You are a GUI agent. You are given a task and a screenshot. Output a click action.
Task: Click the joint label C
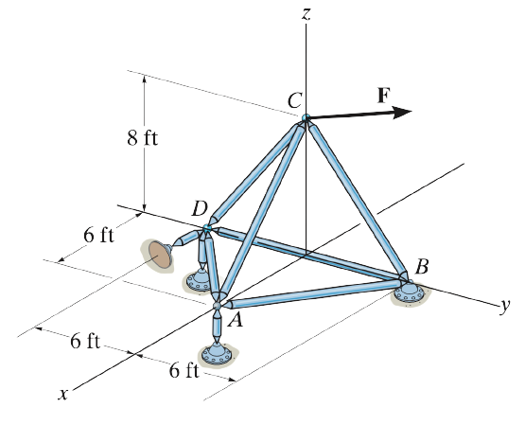(x=295, y=100)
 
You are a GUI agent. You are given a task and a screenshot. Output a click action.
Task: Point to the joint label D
(x=201, y=209)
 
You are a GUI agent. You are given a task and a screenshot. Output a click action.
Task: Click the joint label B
(x=422, y=267)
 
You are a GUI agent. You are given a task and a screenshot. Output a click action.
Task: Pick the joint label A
(x=235, y=320)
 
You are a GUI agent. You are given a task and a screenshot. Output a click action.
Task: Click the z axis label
(x=306, y=14)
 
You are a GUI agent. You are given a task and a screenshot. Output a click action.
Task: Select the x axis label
(x=62, y=394)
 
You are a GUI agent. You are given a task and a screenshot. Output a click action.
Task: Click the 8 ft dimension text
(x=142, y=137)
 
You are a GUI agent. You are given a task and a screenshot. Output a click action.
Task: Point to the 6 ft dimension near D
(x=98, y=235)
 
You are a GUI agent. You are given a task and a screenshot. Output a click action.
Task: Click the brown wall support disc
(x=158, y=255)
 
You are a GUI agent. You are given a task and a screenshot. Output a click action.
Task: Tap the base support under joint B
(x=410, y=292)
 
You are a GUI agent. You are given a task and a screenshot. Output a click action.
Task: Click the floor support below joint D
(x=200, y=281)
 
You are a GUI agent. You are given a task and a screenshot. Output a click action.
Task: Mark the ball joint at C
(x=306, y=117)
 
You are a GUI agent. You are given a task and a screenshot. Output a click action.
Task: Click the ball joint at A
(x=217, y=306)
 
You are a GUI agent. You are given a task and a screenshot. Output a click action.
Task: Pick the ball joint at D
(x=207, y=228)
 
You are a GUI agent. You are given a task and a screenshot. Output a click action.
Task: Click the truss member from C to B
(x=358, y=200)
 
